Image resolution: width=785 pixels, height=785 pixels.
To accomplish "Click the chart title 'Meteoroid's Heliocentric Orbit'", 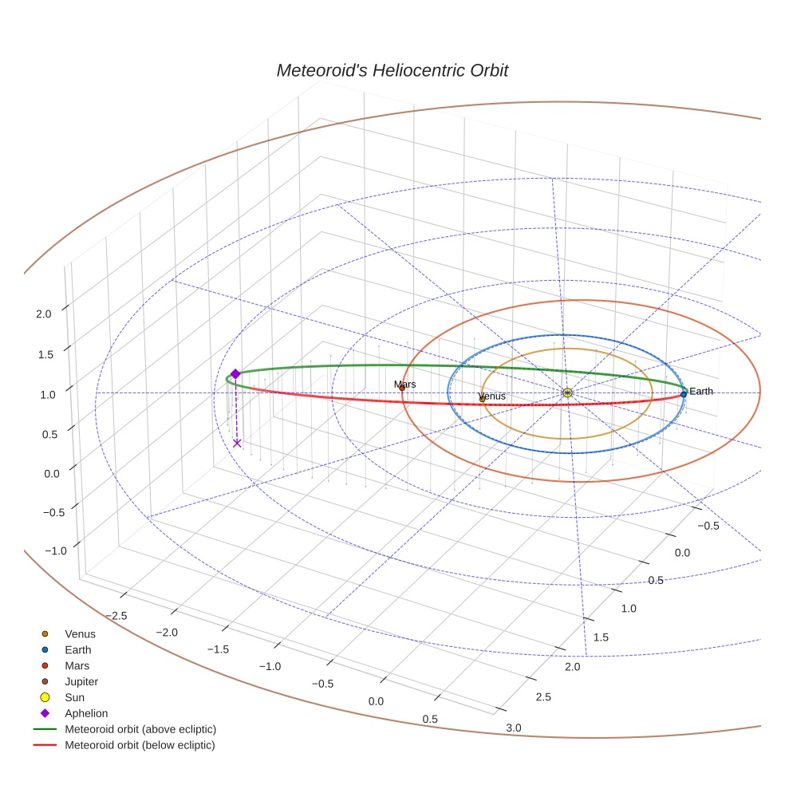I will point(392,70).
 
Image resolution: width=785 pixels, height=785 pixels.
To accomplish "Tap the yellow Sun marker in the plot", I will point(566,392).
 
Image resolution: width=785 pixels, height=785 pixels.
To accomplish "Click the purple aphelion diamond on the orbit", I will point(235,373).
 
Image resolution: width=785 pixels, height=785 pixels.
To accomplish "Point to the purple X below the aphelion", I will point(237,444).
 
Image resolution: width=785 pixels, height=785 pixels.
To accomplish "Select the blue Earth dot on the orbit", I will point(684,394).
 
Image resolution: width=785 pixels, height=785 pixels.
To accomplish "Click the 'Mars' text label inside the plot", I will point(404,385).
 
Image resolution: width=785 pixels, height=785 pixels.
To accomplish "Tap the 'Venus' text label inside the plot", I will point(491,396).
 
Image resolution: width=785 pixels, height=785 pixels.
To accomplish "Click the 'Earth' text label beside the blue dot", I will point(701,392).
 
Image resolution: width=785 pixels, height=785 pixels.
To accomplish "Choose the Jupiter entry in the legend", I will point(81,681).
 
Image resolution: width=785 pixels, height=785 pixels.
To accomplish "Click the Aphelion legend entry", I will point(85,713).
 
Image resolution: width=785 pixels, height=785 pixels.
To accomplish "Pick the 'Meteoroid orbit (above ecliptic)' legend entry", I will point(140,729).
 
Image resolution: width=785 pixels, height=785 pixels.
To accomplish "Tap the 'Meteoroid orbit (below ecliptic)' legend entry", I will point(140,745).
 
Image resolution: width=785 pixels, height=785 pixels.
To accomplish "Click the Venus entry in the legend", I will point(80,634).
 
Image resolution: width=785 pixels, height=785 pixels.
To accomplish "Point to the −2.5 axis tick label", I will point(117,615).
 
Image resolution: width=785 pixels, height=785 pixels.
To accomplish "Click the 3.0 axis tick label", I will point(514,727).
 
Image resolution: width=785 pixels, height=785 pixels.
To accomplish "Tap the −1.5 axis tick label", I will point(219,649).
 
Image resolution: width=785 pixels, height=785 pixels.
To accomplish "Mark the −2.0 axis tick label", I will point(168,632).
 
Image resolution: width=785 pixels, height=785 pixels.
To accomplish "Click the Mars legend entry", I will point(77,665).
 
